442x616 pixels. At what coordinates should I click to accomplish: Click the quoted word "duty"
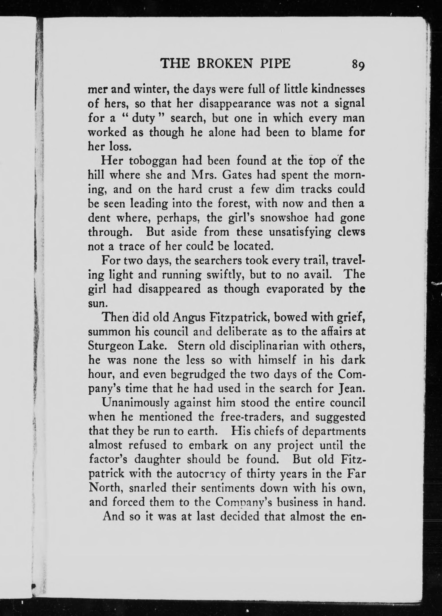coord(143,119)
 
